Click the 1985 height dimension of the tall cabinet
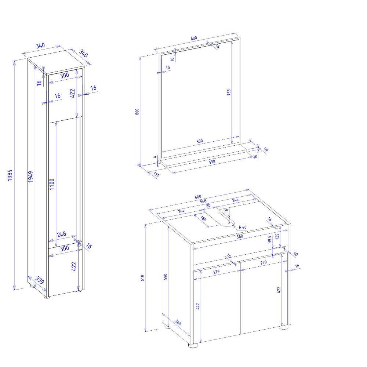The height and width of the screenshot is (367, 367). coord(10,175)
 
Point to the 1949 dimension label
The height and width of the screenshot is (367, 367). coord(30,177)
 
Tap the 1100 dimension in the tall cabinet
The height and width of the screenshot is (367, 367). coord(52,184)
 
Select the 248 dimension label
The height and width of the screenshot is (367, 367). coord(62,234)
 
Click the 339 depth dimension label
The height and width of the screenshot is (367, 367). coord(40,280)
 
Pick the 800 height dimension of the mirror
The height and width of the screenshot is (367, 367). coord(137,112)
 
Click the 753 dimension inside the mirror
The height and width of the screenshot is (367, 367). coord(229,92)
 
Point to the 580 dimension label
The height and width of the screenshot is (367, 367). coord(200,141)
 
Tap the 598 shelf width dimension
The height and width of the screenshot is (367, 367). coord(212,161)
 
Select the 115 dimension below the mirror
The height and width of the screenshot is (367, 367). coord(156,174)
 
